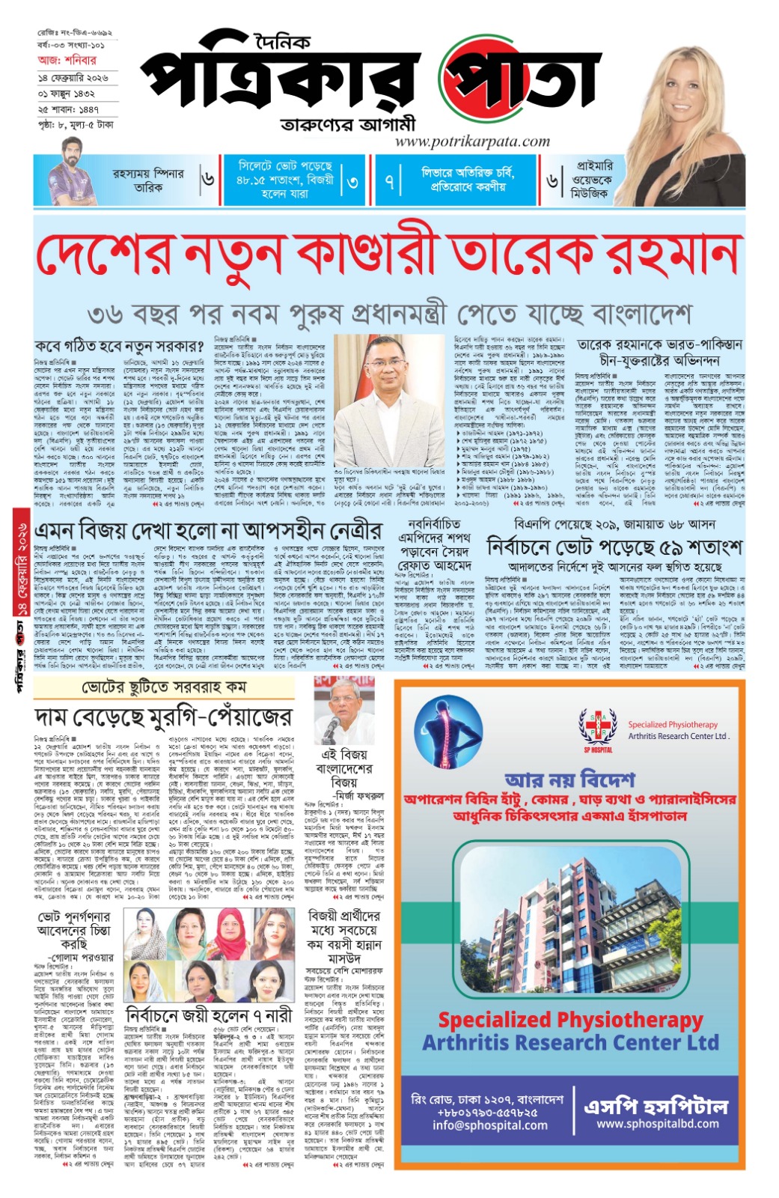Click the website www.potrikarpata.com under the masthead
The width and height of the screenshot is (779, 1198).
[472, 142]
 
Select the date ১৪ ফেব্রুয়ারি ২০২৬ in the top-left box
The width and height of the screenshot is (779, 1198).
[73, 78]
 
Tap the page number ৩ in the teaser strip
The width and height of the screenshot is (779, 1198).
[352, 182]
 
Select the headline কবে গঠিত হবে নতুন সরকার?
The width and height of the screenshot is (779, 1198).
[119, 347]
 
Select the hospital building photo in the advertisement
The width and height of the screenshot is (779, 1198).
[568, 928]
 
